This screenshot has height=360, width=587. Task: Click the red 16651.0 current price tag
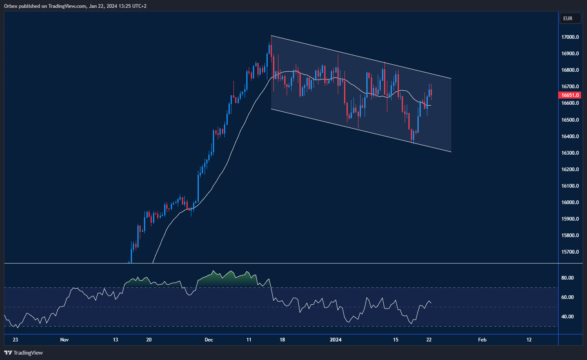pos(569,95)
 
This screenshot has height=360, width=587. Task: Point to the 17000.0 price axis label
pos(570,37)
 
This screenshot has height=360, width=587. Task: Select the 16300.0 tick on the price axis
pos(570,153)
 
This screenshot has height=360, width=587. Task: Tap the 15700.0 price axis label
pos(570,252)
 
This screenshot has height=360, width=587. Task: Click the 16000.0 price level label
pos(570,202)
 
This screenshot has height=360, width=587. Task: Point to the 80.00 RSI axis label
pos(567,278)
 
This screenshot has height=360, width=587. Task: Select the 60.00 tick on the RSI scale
pos(567,297)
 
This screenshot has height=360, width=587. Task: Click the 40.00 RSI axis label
pos(567,317)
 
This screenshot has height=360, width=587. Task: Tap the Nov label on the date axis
pos(64,340)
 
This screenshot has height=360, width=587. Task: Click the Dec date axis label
pos(209,340)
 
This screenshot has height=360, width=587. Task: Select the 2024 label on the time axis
pos(335,340)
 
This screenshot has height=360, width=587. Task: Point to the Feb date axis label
pos(482,340)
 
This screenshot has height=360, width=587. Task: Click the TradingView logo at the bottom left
pos(24,353)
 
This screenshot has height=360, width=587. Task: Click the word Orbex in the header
pos(11,6)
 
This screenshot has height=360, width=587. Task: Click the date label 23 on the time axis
pos(15,340)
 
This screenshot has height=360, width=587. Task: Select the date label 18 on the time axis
pos(282,340)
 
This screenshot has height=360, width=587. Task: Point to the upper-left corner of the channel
pos(271,36)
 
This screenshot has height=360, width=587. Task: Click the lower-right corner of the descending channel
pos(451,152)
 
